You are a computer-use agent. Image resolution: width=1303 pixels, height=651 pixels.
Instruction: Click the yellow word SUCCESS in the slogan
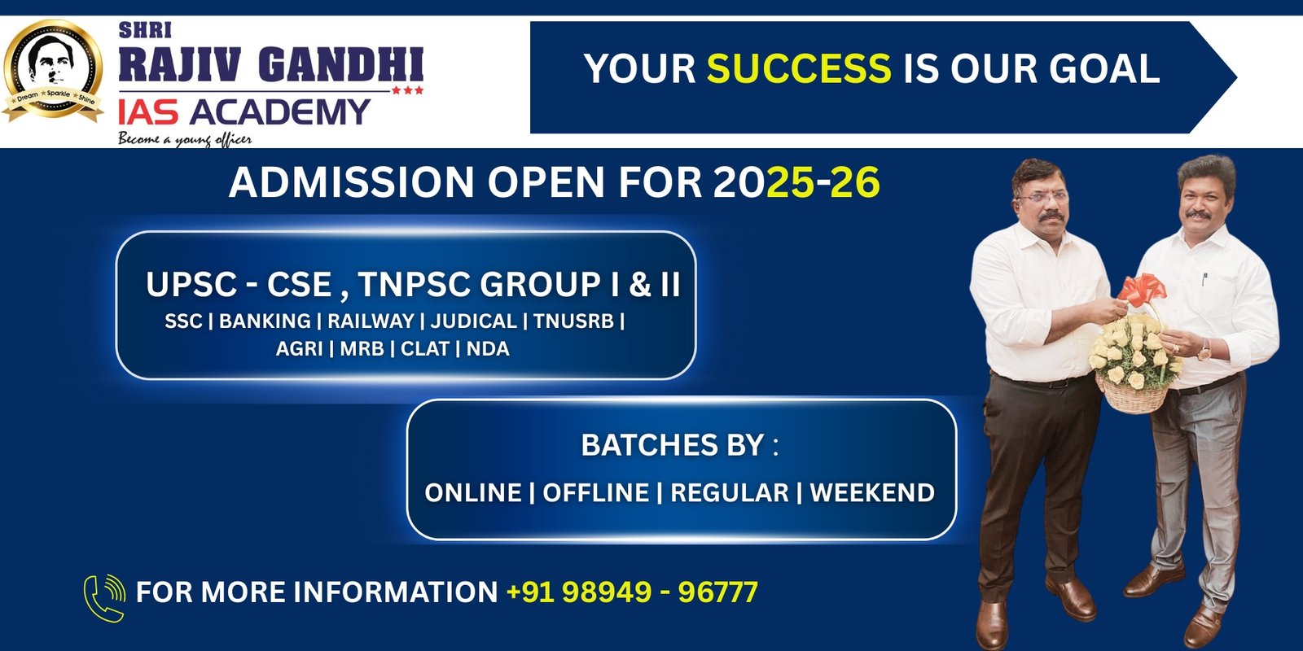(799, 68)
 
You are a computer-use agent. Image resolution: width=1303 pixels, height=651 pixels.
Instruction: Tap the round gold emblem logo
(54, 71)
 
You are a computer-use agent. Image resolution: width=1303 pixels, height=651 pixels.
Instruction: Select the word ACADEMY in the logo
(280, 111)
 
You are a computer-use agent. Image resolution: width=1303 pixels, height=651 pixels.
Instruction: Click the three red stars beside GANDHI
(407, 90)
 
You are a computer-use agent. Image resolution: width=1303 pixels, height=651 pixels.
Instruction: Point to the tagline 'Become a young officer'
(184, 139)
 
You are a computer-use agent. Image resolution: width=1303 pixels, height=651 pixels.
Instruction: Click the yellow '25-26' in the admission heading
(823, 182)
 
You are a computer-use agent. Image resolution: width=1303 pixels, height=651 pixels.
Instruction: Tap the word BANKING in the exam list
(265, 321)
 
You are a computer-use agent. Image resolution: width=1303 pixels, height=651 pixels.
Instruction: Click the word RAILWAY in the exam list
(371, 321)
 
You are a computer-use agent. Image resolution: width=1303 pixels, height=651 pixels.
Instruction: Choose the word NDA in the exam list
(488, 349)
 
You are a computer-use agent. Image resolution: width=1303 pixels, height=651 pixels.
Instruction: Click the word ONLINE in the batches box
(473, 493)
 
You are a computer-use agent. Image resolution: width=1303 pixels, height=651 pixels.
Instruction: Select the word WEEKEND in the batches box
(872, 493)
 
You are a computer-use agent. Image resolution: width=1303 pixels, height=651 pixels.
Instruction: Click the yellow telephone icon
(105, 598)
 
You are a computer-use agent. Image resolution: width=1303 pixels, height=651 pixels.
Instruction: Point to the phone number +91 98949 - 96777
(632, 592)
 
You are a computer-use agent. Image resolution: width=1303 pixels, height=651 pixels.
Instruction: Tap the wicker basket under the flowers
(1134, 395)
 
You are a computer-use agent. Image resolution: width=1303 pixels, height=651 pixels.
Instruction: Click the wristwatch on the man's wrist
(1204, 350)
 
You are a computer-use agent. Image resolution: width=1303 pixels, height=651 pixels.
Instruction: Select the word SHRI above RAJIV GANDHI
(146, 31)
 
